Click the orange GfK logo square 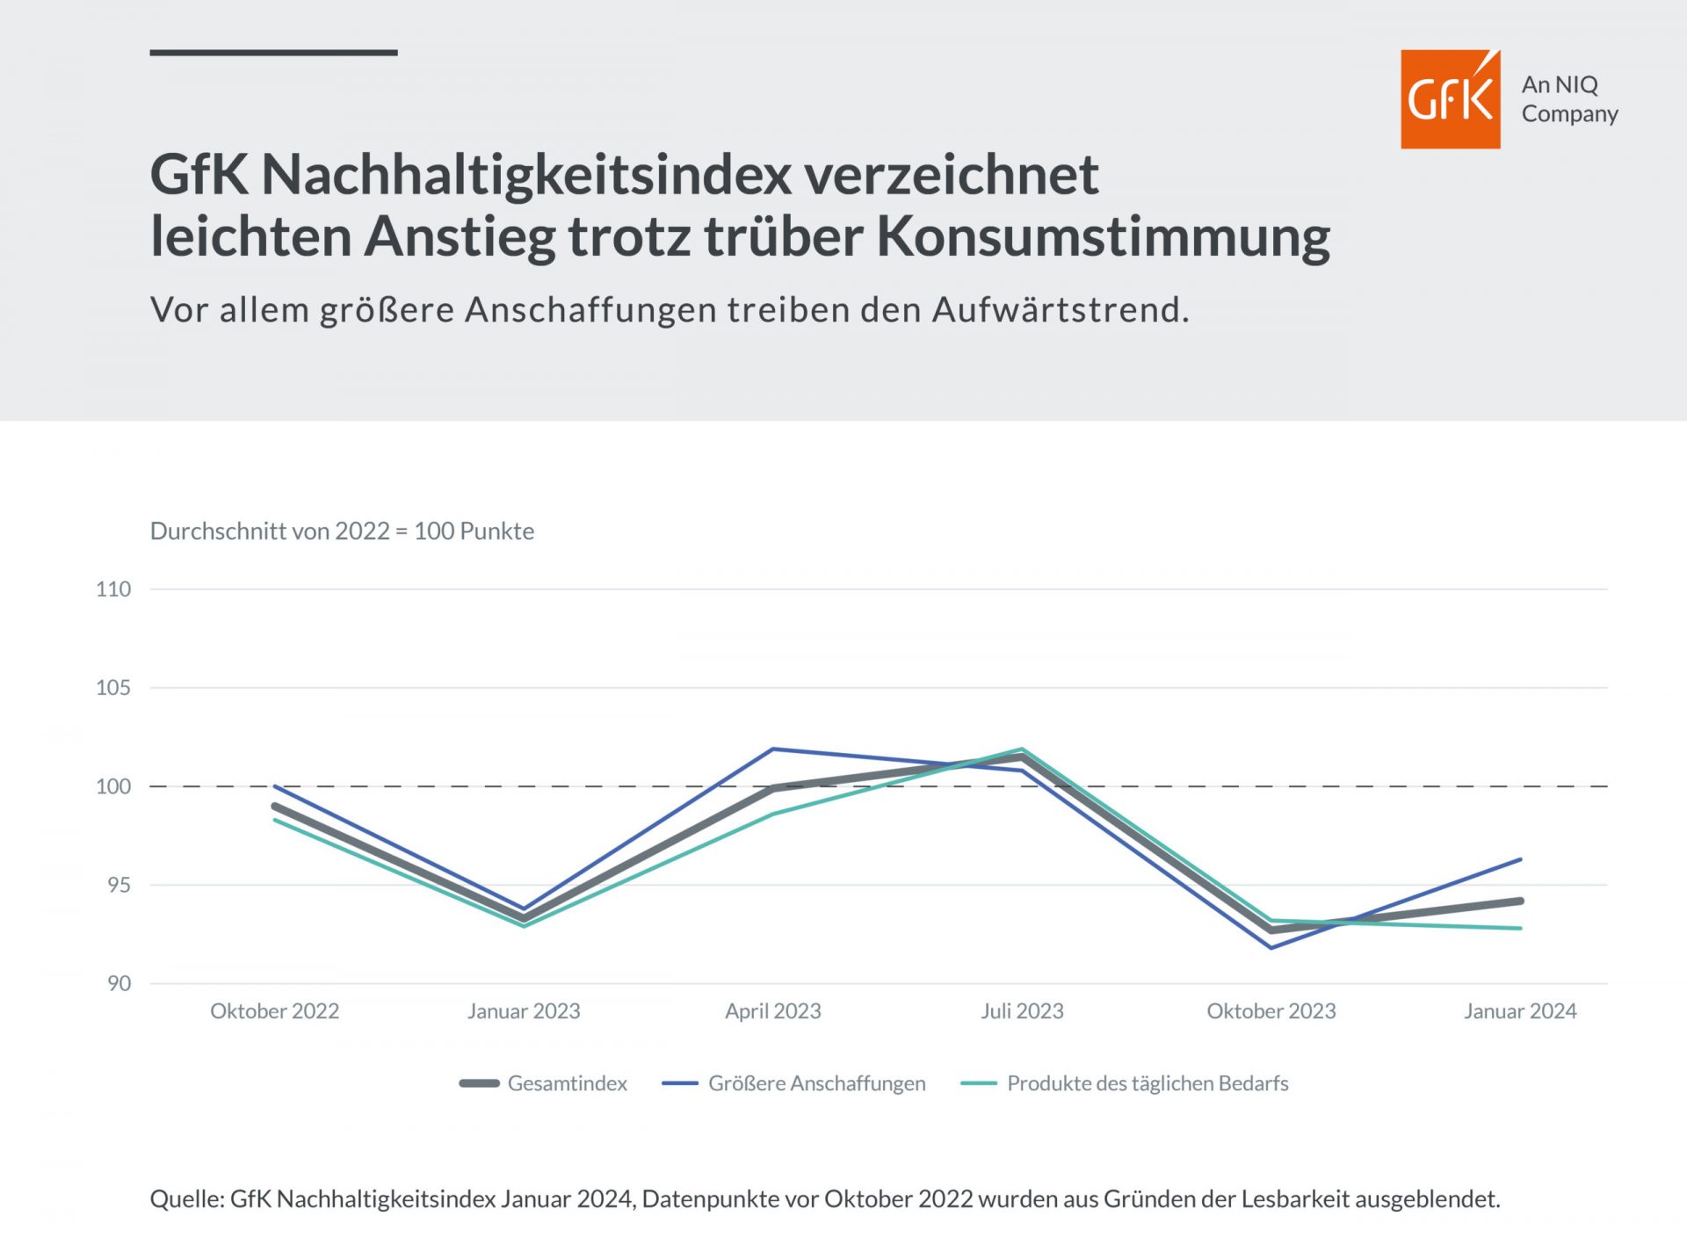coord(1450,99)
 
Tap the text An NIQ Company coord(1569,99)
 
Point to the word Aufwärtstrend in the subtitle coord(1060,309)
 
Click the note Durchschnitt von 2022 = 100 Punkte coord(342,531)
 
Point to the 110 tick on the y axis coord(113,589)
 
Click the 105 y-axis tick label coord(113,687)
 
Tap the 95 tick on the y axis coord(119,885)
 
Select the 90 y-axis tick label coord(119,983)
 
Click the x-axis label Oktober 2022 coord(274,1010)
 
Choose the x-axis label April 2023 coord(772,1010)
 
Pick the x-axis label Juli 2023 coord(1022,1010)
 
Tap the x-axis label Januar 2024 coord(1520,1010)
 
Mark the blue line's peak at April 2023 coord(772,749)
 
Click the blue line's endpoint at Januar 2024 coord(1520,859)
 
